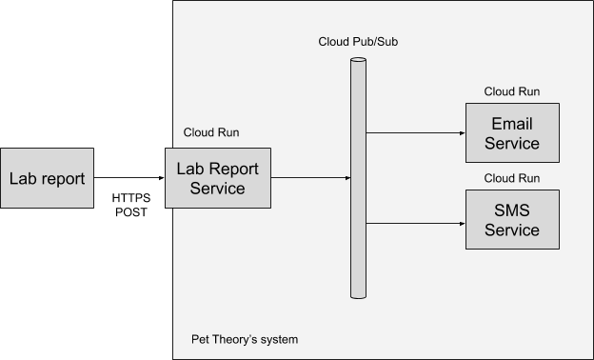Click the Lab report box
(48, 178)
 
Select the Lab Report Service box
(218, 178)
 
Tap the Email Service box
(512, 134)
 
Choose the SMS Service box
(512, 220)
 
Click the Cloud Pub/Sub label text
(357, 43)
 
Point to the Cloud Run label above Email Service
(512, 92)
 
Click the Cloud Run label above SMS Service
(512, 178)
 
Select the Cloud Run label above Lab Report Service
(211, 132)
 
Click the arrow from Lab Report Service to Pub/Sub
(310, 178)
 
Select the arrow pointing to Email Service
(415, 133)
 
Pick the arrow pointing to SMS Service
(415, 224)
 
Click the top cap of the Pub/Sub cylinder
(358, 62)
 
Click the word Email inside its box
(512, 125)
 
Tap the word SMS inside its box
(512, 210)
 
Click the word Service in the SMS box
(512, 230)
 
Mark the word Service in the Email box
(512, 145)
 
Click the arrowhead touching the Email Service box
(461, 133)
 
